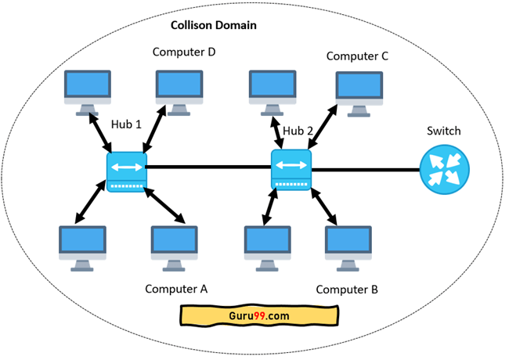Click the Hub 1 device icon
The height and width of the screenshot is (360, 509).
click(126, 172)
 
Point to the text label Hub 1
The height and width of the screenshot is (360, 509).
click(126, 124)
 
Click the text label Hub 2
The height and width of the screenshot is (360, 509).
click(298, 131)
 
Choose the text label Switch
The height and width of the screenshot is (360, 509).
click(444, 131)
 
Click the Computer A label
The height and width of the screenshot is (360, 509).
click(176, 288)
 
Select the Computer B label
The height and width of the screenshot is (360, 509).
click(347, 290)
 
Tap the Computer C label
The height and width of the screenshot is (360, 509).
click(357, 56)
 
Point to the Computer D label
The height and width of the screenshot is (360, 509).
click(184, 52)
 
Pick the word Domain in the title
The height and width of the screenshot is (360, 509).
click(239, 25)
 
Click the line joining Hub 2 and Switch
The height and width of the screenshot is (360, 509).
click(364, 170)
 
